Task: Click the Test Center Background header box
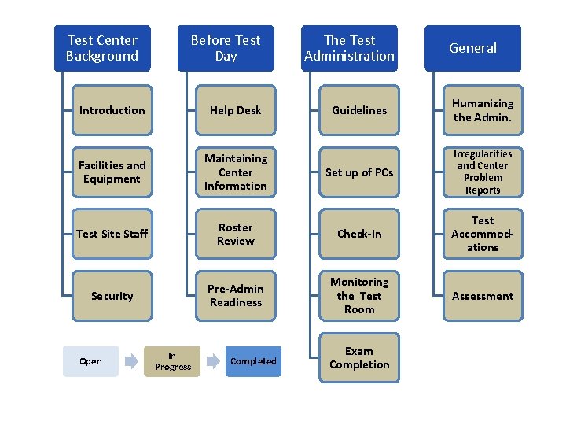coord(102,48)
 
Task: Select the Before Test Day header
coord(226,48)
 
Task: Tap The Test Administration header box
coord(349,48)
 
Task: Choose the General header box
coord(472,48)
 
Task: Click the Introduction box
coord(112,110)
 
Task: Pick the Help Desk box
coord(236,110)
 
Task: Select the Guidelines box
coord(359,110)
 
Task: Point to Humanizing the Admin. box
coord(483,110)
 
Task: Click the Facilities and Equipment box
coord(112,172)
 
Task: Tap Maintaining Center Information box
coord(236,172)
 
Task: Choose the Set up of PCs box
coord(359,172)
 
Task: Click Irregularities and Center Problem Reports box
coord(483,172)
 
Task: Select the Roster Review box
coord(236,234)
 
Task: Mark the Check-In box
coord(359,234)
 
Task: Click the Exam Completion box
coord(359,358)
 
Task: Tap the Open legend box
coord(90,361)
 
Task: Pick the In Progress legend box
coord(173,361)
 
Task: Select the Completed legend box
coord(253,361)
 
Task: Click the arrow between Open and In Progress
coord(131,362)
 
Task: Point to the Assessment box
coord(483,296)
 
